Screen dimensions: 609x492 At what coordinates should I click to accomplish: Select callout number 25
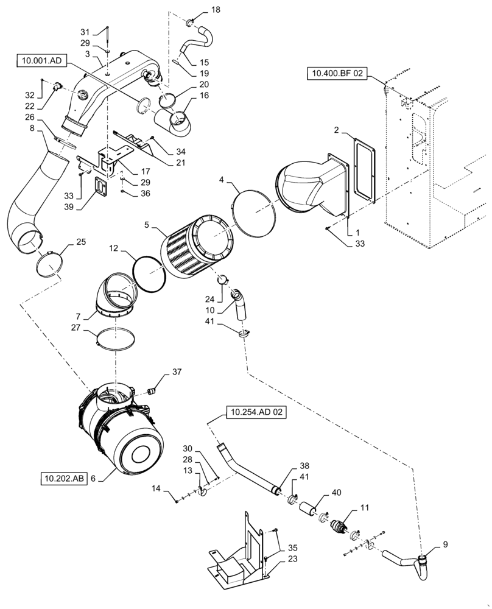click(x=81, y=242)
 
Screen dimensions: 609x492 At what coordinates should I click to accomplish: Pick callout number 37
click(x=177, y=372)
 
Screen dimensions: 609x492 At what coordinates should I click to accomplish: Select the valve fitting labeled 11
click(x=339, y=526)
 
